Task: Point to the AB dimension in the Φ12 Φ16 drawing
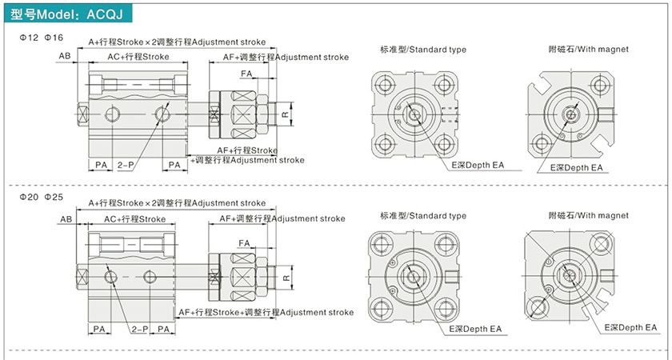[65, 56]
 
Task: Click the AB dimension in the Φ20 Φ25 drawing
[66, 218]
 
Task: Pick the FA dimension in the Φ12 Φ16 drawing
[247, 74]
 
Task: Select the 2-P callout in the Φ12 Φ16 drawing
[125, 164]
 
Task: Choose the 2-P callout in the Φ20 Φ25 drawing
[138, 329]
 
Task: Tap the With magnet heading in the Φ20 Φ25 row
[588, 215]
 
